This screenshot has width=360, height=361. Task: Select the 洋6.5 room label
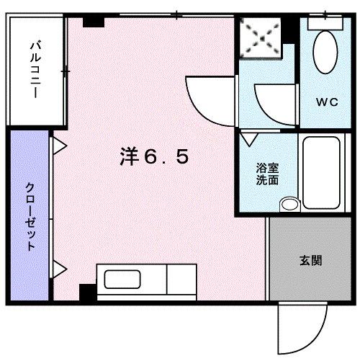pos(154,157)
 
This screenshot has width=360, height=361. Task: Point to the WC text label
pos(326,102)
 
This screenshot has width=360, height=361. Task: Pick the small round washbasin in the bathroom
pos(289,204)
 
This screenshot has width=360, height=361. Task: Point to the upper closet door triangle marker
pos(59,147)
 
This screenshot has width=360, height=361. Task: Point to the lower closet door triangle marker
pos(59,271)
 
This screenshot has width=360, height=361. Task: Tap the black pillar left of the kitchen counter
pos(87,293)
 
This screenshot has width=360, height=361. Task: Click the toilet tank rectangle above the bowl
pos(325,22)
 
